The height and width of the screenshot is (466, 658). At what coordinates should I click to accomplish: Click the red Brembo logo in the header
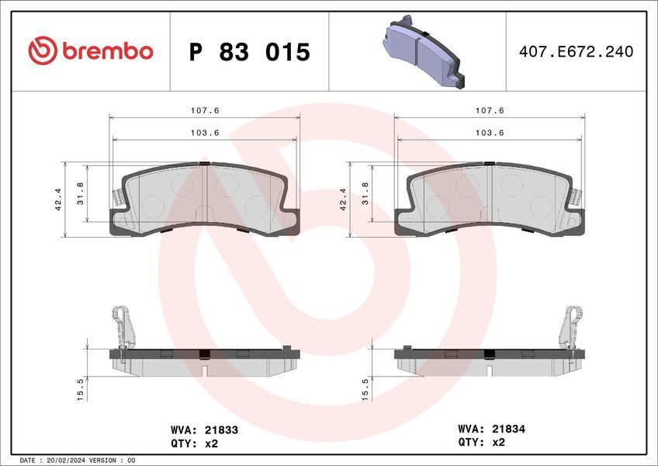(91, 50)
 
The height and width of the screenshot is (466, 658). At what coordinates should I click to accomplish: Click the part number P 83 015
(249, 52)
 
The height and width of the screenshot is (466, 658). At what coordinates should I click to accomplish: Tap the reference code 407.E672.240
(577, 52)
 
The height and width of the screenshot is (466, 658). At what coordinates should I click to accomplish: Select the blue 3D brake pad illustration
(424, 52)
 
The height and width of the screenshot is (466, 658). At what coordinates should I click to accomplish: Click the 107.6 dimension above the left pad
(205, 110)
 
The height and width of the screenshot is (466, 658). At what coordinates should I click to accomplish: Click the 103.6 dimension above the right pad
(490, 133)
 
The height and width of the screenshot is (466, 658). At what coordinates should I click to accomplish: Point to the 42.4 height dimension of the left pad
(58, 199)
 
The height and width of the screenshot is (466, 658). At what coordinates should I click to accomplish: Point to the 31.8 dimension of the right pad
(365, 193)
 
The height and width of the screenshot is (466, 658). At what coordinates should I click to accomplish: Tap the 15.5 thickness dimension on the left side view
(81, 390)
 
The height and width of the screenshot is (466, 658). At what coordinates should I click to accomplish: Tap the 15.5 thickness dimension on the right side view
(365, 390)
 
